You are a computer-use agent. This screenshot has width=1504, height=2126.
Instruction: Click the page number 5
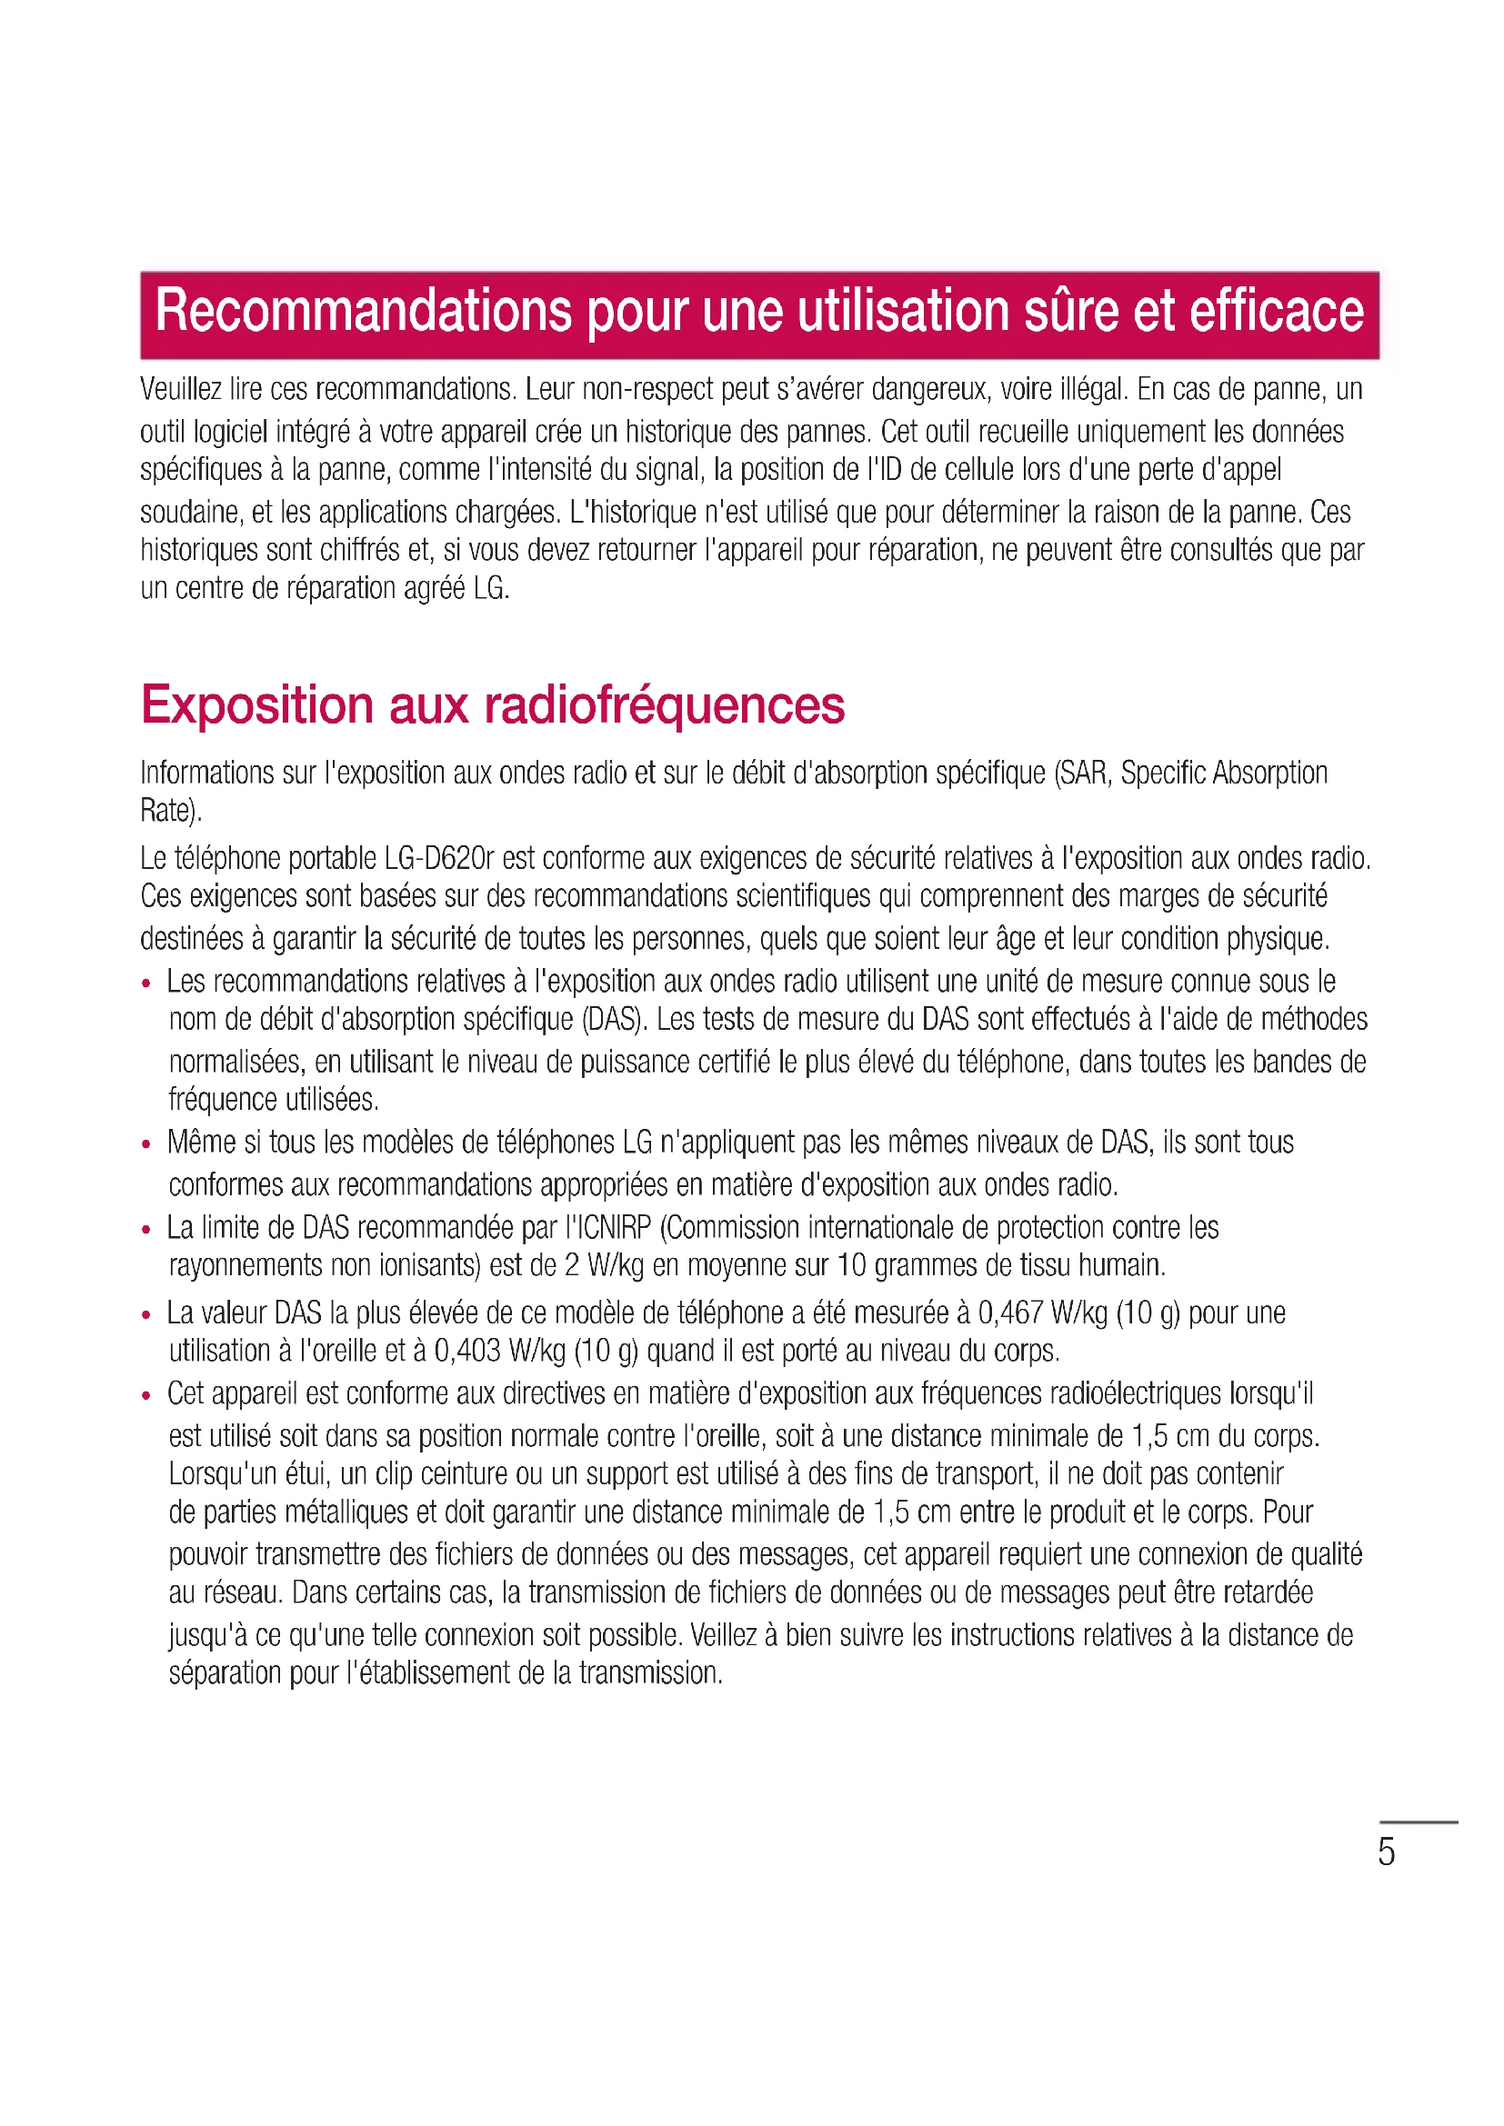pos(1386,1852)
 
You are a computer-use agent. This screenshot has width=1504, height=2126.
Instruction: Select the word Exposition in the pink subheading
pos(256,705)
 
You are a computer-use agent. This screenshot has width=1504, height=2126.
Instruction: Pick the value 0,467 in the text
pos(1011,1313)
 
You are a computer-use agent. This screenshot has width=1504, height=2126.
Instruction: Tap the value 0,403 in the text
pos(467,1351)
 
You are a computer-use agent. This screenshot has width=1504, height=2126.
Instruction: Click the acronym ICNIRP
pos(616,1228)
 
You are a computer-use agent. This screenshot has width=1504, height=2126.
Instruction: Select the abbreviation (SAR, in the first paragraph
pos(1084,774)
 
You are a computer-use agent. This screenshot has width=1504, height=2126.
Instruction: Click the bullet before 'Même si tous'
pos(146,1144)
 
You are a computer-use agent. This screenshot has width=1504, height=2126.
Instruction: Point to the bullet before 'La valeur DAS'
pos(146,1315)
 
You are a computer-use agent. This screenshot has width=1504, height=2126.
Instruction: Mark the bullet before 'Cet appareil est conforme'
pos(146,1395)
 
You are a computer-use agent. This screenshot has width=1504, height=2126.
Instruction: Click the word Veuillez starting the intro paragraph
pos(181,390)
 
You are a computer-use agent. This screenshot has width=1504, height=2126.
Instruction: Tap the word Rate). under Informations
pos(171,811)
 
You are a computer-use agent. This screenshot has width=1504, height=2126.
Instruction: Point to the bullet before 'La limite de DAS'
pos(146,1230)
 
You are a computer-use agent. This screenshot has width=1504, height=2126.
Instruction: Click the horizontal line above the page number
pos(1419,1822)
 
